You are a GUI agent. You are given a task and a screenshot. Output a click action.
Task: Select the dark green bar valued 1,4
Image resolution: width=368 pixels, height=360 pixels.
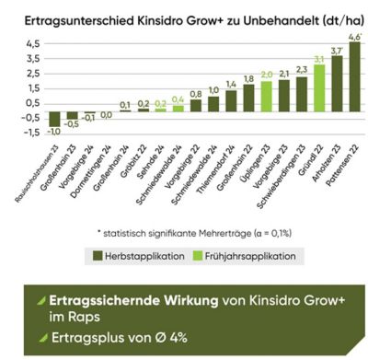pos(231,100)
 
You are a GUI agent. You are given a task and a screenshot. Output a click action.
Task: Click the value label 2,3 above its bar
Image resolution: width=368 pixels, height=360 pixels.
pos(301,69)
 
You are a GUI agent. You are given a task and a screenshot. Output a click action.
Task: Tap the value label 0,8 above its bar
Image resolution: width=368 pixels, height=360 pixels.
pos(195,93)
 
